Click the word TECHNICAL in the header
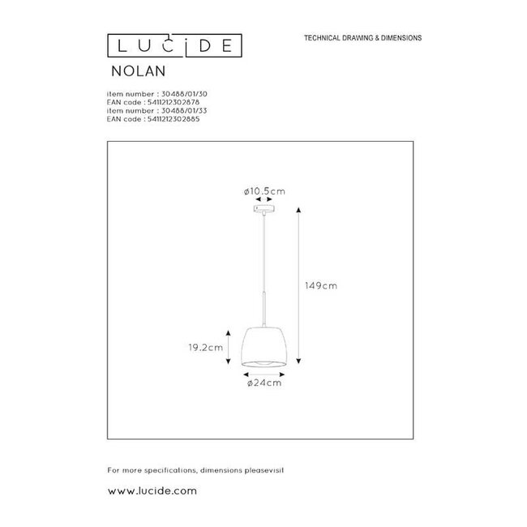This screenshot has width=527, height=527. coord(323,39)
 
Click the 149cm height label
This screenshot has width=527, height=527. coord(322,285)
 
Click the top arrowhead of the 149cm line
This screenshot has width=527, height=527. coord(300,211)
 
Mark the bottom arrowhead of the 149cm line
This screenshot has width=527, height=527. coord(300,360)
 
